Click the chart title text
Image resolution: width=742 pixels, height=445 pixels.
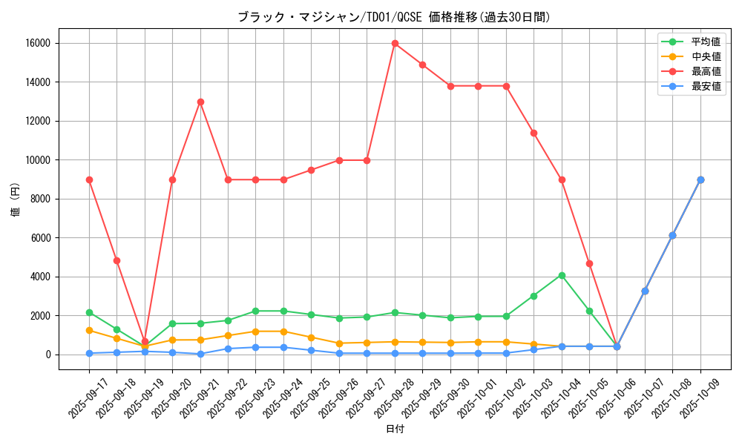(393, 17)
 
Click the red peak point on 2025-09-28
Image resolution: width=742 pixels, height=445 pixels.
(395, 43)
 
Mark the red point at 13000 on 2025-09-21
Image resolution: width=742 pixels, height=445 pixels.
(200, 102)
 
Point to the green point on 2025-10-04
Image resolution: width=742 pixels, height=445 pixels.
(562, 275)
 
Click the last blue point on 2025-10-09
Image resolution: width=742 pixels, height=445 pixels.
(700, 179)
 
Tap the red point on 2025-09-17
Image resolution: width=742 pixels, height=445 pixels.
(89, 179)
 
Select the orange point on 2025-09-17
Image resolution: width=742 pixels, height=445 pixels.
(89, 330)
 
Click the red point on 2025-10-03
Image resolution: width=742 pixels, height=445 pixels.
(533, 133)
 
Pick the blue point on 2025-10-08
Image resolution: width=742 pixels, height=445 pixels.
(672, 235)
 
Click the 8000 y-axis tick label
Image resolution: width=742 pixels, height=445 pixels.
(41, 199)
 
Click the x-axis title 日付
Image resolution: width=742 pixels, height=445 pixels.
(395, 429)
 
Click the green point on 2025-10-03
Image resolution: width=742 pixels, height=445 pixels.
(533, 296)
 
